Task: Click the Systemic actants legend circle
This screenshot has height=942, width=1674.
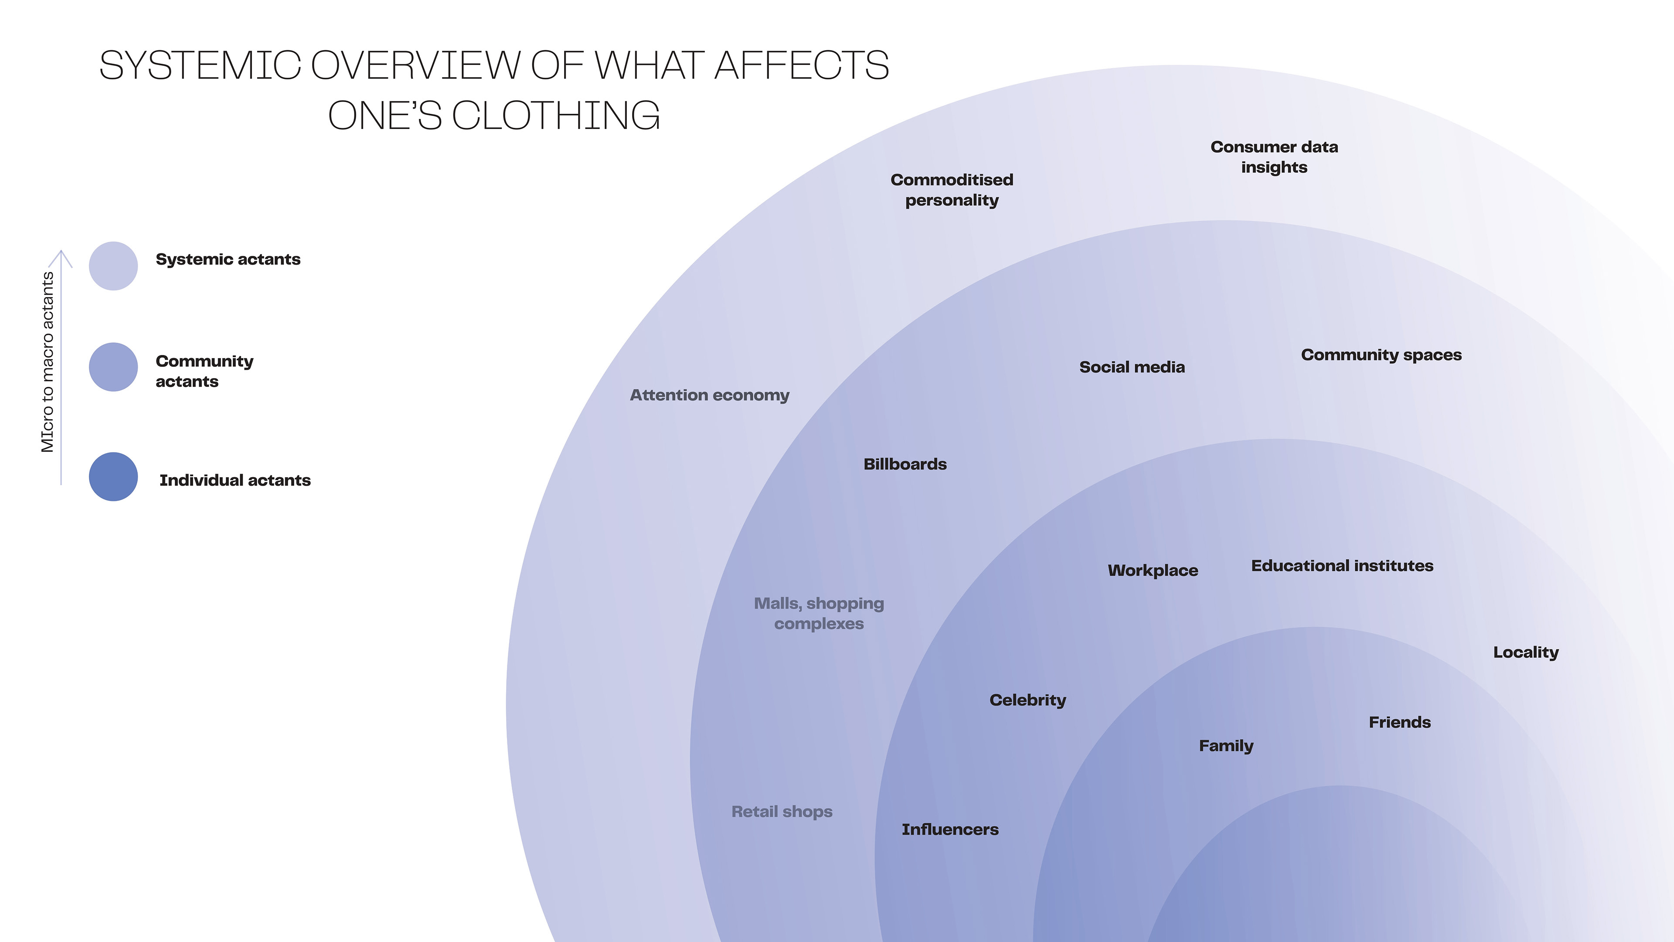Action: [x=113, y=266]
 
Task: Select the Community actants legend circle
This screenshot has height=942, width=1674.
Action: [x=113, y=367]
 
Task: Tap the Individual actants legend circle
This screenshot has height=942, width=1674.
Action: [x=113, y=477]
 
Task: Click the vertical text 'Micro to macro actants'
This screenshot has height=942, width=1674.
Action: [x=48, y=362]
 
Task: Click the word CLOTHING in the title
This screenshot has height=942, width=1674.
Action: [x=556, y=116]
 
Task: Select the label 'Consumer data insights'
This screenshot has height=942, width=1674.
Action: [x=1274, y=157]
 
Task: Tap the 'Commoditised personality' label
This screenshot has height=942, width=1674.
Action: [x=951, y=190]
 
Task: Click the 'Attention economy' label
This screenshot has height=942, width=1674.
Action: [x=709, y=395]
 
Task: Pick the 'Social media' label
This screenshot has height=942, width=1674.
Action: [x=1131, y=367]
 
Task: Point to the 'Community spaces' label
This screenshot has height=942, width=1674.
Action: [x=1381, y=355]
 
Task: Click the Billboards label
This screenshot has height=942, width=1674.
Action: [x=905, y=464]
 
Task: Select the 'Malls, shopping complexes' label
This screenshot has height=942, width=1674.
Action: [x=819, y=613]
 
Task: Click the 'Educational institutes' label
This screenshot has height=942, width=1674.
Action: [x=1342, y=566]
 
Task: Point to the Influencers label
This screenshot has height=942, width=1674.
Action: [x=949, y=829]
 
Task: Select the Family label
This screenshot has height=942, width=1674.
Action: [x=1225, y=746]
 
